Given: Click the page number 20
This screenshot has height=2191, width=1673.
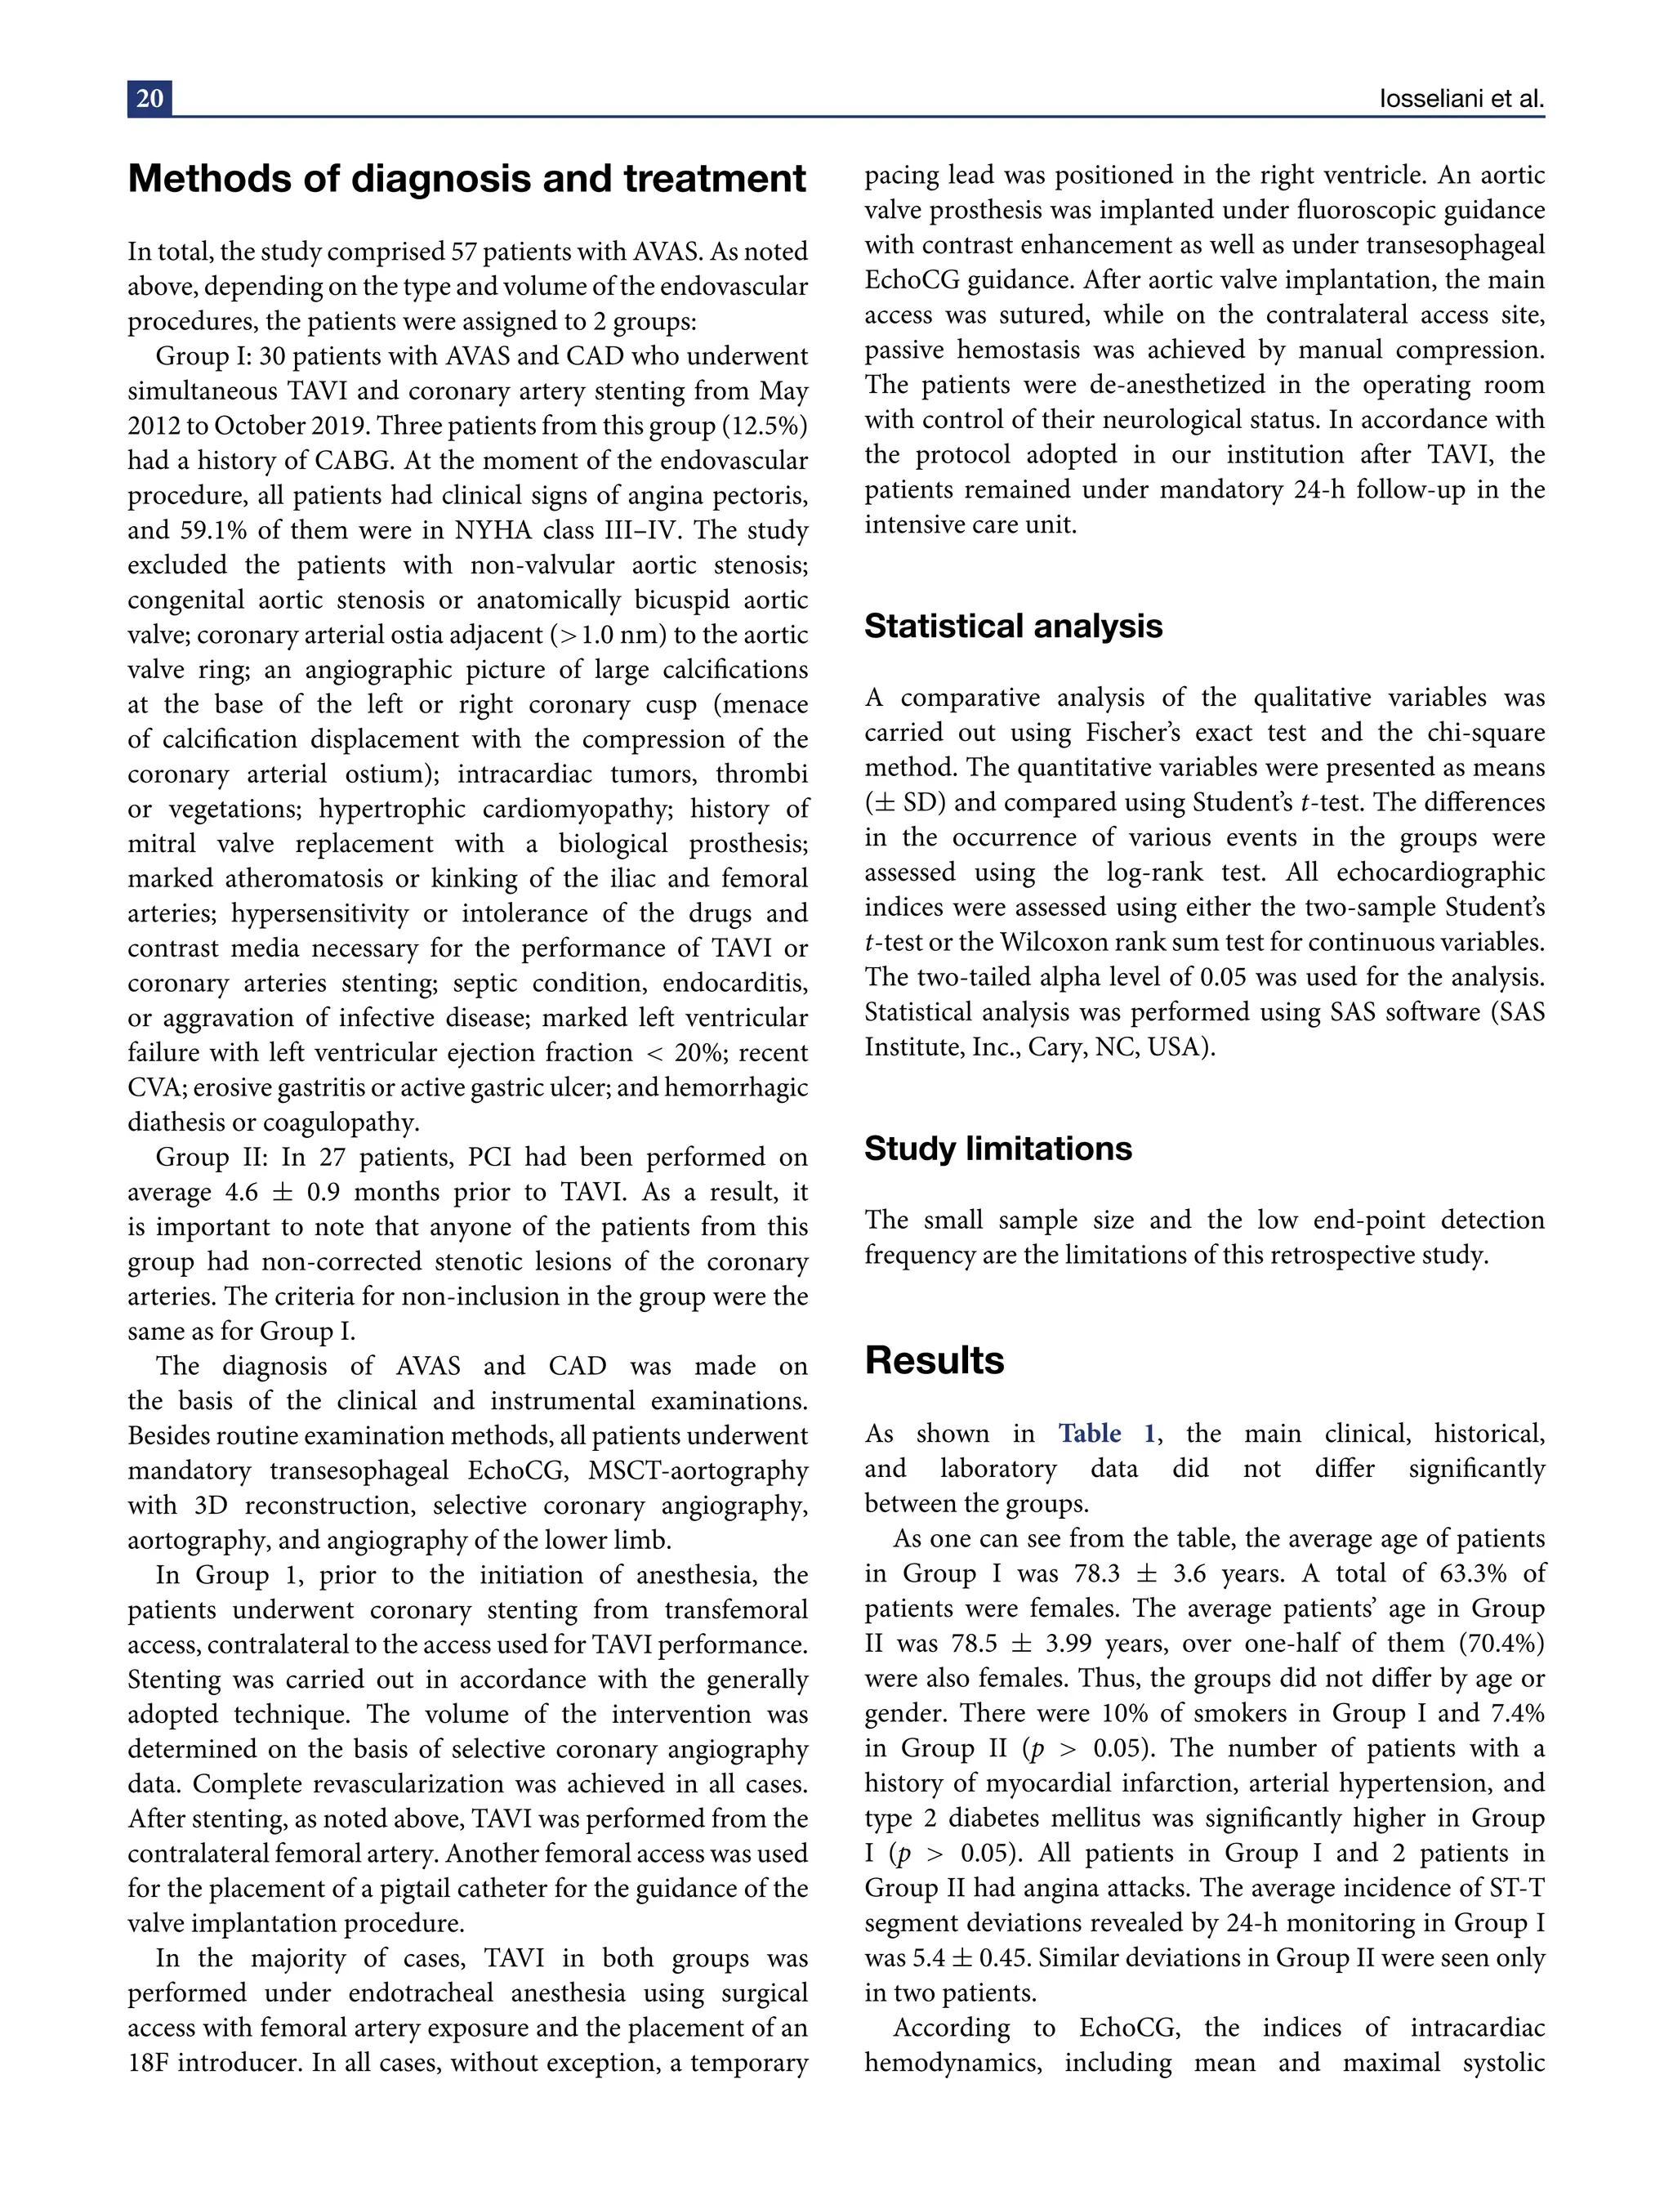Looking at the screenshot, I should [x=149, y=99].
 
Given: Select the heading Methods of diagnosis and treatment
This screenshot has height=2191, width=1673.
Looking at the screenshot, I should [x=467, y=179].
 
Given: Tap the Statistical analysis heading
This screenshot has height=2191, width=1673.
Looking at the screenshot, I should [x=1013, y=627].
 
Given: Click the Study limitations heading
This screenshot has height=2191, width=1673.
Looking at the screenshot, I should [x=997, y=1149].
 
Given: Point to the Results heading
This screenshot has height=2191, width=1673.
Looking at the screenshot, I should [x=934, y=1360].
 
